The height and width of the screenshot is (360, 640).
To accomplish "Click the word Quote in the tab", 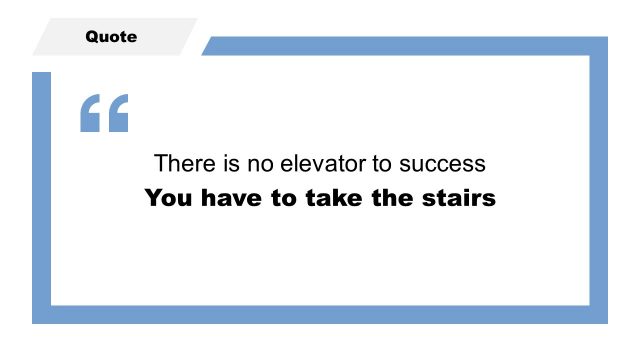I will point(111,37).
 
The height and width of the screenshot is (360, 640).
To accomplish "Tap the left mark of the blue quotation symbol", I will point(91,114).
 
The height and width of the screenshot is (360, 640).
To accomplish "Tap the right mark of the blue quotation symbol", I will point(118,114).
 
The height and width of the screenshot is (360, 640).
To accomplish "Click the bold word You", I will point(168,198).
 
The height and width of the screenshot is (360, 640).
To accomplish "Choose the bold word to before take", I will point(282,198).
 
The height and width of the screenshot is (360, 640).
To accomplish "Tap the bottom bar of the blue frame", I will point(320,314).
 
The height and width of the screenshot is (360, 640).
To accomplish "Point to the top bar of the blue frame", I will point(400,46).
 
